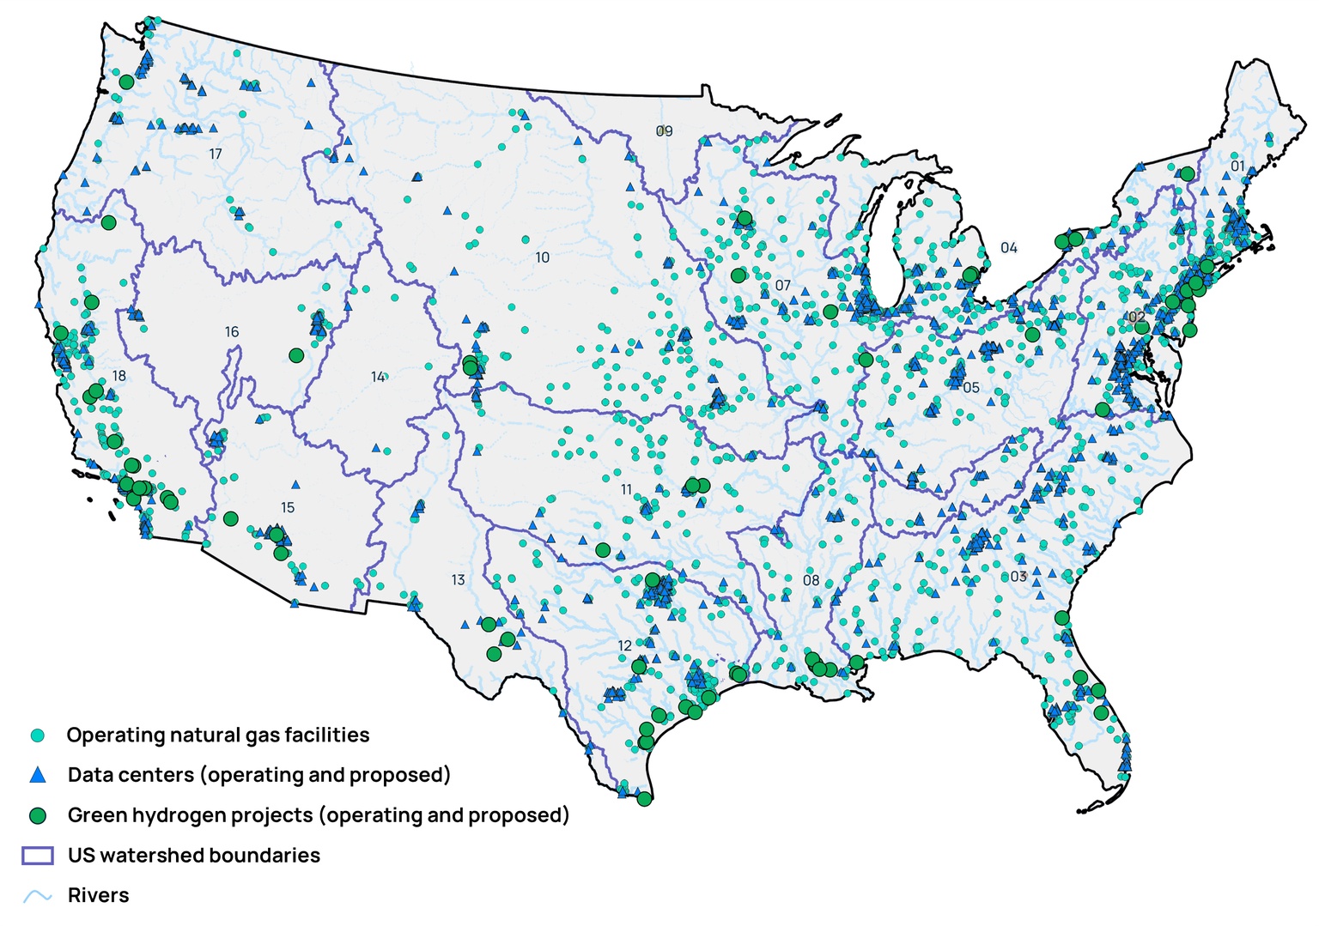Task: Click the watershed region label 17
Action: (x=216, y=154)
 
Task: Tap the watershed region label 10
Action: (x=542, y=257)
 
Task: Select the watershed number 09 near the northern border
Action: (x=664, y=131)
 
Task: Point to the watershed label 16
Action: (x=232, y=332)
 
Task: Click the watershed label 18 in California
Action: (x=119, y=376)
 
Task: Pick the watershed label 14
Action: (x=378, y=377)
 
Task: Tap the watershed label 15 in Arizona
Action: (x=288, y=508)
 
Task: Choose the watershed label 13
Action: (x=458, y=580)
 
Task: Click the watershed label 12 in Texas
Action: (x=624, y=645)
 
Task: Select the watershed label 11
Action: (x=626, y=490)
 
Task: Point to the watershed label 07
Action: (x=782, y=286)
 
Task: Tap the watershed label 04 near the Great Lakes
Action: (x=1008, y=248)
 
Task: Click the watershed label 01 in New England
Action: (x=1237, y=166)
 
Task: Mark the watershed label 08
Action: (x=811, y=580)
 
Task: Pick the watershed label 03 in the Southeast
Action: (x=1018, y=577)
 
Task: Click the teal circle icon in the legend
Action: (x=37, y=735)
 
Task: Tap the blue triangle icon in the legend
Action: (x=37, y=775)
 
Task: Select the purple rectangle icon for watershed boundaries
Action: (x=37, y=856)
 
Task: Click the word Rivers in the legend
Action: (x=98, y=895)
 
